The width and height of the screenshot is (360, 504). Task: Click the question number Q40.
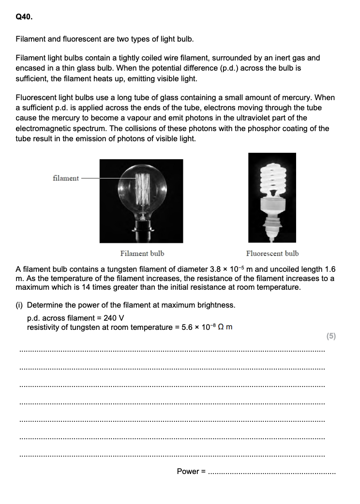(x=24, y=17)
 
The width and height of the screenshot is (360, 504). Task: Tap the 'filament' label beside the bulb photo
(x=66, y=178)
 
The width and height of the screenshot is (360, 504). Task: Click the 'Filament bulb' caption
(x=142, y=253)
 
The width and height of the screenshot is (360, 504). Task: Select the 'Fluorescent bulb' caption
(x=272, y=253)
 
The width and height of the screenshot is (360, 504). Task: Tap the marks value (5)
(x=331, y=336)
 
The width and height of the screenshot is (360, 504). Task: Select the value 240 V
(x=114, y=318)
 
